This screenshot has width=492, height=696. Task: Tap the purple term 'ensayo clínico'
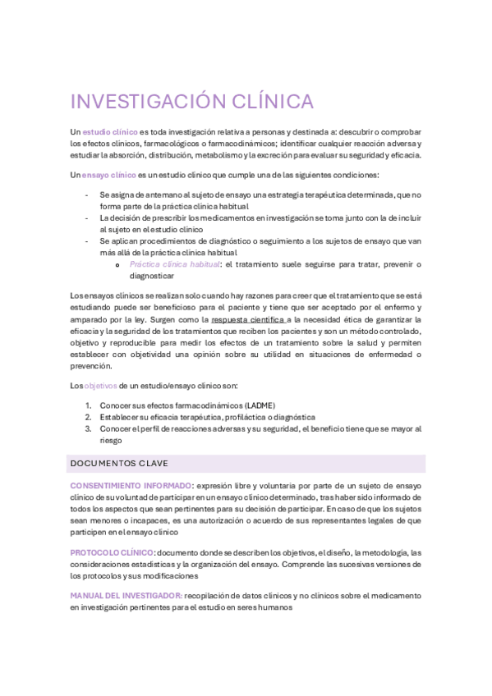(x=109, y=175)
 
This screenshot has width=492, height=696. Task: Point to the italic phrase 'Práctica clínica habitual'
(x=174, y=264)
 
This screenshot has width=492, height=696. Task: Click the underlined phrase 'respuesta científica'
(x=246, y=319)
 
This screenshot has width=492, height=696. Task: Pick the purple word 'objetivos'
(x=101, y=385)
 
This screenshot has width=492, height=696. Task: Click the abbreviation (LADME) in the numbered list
(x=257, y=405)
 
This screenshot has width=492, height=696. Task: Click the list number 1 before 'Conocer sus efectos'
(x=89, y=405)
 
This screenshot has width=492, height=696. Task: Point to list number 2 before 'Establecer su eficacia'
(x=89, y=417)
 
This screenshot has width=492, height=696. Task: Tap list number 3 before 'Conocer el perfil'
(x=89, y=428)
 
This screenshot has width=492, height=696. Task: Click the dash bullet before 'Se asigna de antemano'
(x=88, y=195)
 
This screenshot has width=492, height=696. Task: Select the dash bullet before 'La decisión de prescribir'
(x=88, y=219)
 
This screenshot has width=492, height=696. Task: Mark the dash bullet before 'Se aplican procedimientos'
(x=88, y=241)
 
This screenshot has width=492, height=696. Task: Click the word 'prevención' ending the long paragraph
(x=91, y=366)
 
